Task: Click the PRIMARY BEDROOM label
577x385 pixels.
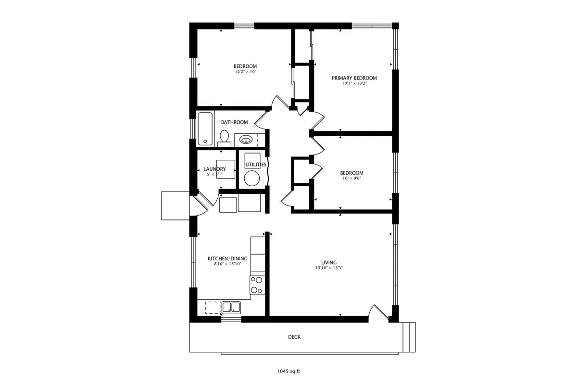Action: click(354, 78)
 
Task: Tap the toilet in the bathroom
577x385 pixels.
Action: click(225, 139)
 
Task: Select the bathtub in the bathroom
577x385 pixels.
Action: click(205, 128)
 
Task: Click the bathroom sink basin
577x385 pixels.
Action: click(246, 140)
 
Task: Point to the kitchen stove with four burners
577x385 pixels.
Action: click(257, 285)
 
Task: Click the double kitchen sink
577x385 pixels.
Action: click(231, 308)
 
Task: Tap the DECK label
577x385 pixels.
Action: click(294, 337)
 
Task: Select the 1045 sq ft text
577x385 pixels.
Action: click(288, 372)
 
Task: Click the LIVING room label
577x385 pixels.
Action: click(329, 262)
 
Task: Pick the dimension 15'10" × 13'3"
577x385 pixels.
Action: click(329, 268)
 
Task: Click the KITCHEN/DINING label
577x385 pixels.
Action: click(227, 258)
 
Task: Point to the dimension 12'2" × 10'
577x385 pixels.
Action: click(245, 72)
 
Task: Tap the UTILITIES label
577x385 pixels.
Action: click(256, 165)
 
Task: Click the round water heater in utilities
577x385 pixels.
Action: click(251, 178)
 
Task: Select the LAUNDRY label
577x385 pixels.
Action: click(214, 169)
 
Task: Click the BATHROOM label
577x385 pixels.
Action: click(235, 122)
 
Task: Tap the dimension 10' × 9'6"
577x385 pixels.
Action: click(351, 178)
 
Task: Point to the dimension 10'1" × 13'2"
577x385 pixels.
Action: click(354, 83)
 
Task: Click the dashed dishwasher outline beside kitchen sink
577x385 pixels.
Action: click(213, 308)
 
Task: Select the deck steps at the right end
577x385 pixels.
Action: click(409, 337)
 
